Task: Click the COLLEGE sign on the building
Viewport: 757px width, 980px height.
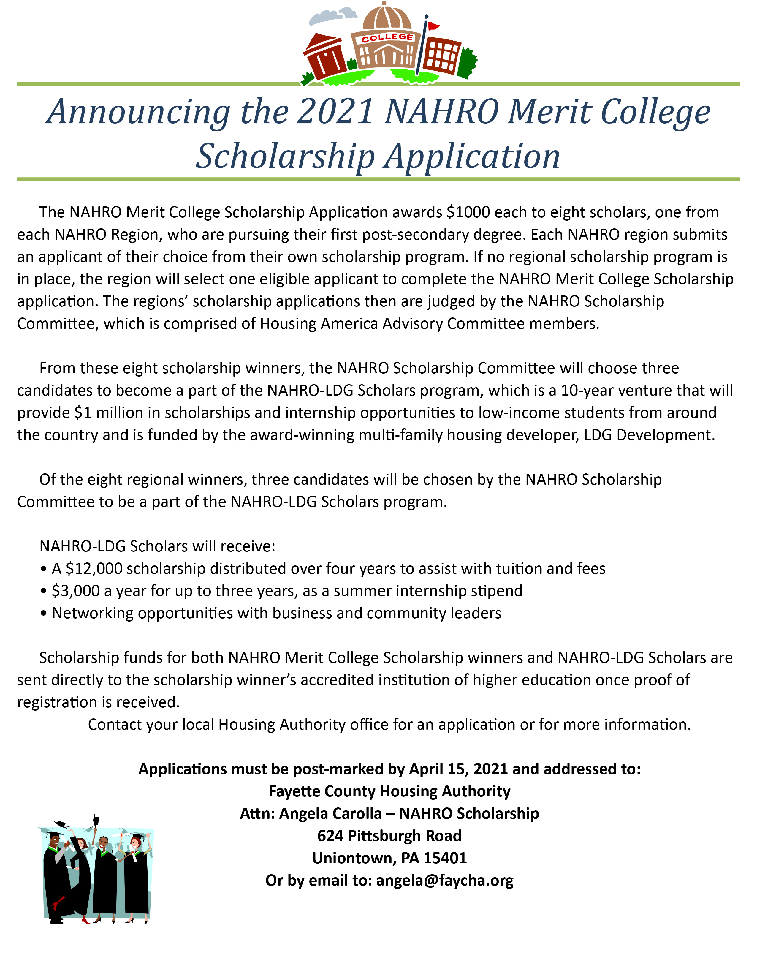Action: tap(387, 38)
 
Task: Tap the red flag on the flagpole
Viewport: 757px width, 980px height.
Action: tap(433, 26)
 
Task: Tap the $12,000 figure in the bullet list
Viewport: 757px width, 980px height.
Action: tap(94, 568)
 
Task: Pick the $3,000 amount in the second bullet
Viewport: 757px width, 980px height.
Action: tap(76, 591)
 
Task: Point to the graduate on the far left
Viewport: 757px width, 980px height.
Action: tap(56, 875)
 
